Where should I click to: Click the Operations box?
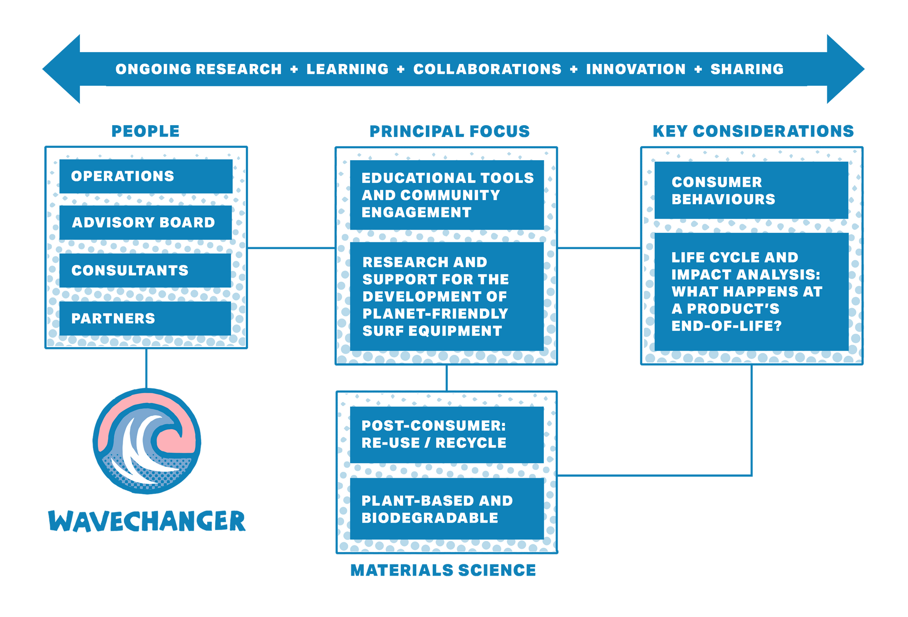click(x=145, y=176)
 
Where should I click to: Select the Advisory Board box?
click(x=145, y=222)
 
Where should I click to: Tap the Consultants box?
click(x=145, y=270)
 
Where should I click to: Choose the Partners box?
click(x=145, y=318)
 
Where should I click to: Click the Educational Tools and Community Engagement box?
click(x=447, y=195)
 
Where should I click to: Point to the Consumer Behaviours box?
click(x=751, y=191)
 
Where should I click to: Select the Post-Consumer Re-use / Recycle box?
click(x=447, y=434)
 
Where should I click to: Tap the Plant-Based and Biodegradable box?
click(x=447, y=509)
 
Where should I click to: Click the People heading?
click(x=145, y=131)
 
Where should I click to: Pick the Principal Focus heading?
click(x=449, y=132)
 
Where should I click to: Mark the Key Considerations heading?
click(x=753, y=131)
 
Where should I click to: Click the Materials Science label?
click(x=443, y=570)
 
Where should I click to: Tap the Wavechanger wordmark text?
click(x=147, y=520)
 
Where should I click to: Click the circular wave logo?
click(x=147, y=441)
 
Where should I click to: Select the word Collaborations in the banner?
click(x=487, y=69)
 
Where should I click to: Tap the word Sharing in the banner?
click(x=747, y=69)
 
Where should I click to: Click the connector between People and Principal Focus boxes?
click(x=291, y=248)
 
